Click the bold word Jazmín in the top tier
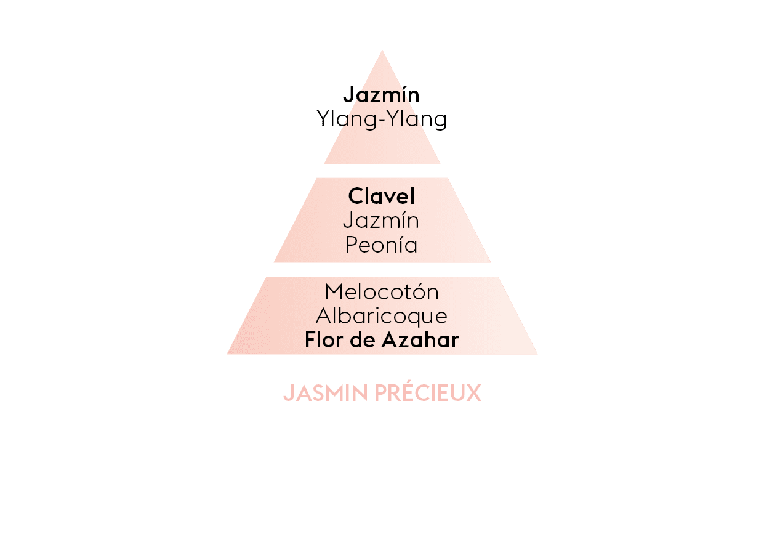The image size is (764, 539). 381,95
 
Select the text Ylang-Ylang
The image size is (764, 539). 382,119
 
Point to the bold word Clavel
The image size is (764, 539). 382,197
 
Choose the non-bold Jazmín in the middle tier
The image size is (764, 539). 381,221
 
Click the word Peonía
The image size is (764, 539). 381,245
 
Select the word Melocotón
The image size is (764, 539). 382,291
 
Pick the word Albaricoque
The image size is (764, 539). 382,316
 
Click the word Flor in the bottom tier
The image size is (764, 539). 324,340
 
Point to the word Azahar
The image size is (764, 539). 422,340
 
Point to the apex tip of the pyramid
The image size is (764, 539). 382,52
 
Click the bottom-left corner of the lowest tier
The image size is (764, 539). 228,354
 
